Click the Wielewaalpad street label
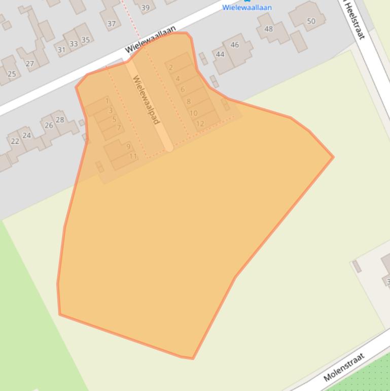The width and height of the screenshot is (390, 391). point(146,100)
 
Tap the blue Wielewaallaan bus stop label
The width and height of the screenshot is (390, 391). point(247,8)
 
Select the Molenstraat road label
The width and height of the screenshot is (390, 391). point(344,368)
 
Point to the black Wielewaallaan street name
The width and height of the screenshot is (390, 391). point(151,40)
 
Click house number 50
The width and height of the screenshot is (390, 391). point(311,21)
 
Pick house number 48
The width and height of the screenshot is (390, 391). point(269,28)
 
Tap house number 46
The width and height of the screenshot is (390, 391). point(234,45)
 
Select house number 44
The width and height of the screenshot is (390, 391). point(220,54)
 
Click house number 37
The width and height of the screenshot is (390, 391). point(112,23)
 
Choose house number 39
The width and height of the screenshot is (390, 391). point(146,7)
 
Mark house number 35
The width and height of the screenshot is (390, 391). point(85,40)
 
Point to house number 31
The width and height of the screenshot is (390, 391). point(61,50)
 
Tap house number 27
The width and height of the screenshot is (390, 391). point(29,63)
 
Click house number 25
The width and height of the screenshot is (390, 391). point(11,74)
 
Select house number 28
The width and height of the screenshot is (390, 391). point(60,120)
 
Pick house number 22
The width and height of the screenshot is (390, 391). point(15,141)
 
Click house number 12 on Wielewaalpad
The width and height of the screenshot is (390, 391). point(200,123)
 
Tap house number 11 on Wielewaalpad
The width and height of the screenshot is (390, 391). point(133,156)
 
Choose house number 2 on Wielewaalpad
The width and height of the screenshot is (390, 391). point(171,67)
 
